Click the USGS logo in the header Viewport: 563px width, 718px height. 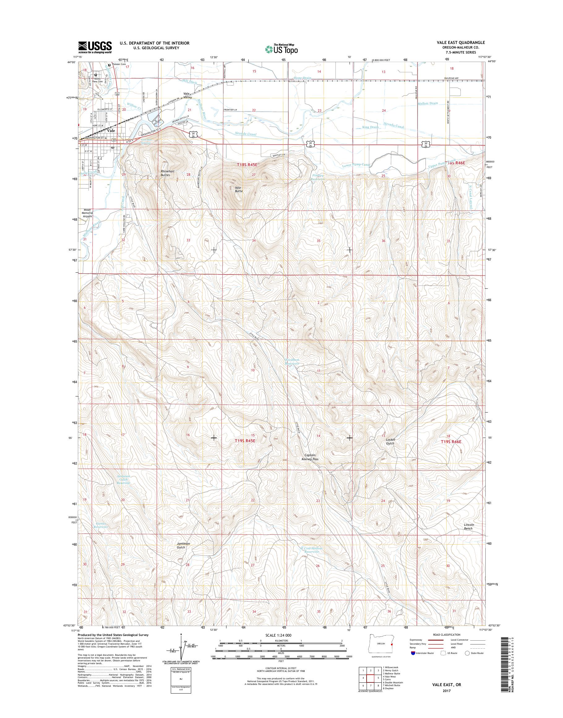coord(95,47)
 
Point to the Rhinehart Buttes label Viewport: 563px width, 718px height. coord(165,173)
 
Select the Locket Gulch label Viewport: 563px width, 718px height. coord(390,441)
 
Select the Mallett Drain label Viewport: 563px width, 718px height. coord(428,103)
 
